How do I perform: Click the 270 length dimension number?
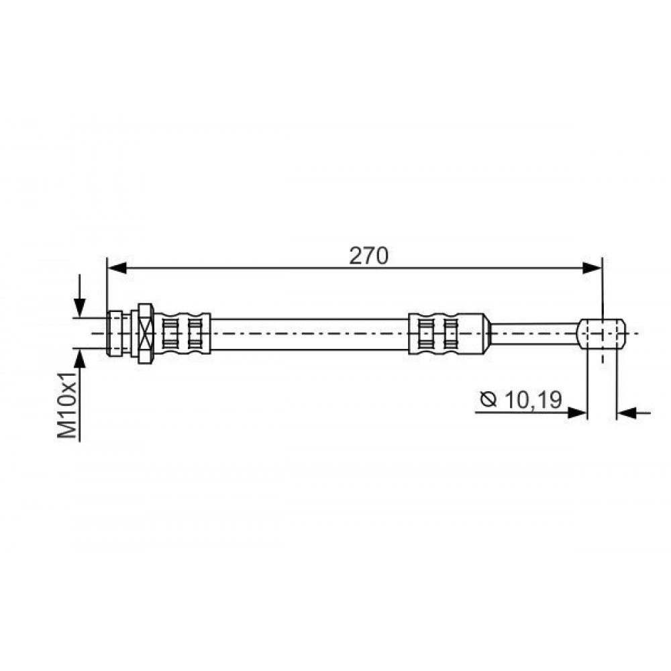coord(369,256)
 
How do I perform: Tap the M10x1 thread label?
coord(67,405)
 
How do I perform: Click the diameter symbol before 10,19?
coord(488,400)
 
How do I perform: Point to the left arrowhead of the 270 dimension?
coord(117,268)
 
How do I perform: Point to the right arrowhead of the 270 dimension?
coord(592,268)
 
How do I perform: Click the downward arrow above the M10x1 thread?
coord(80,295)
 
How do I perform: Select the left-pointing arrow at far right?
coord(634,413)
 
